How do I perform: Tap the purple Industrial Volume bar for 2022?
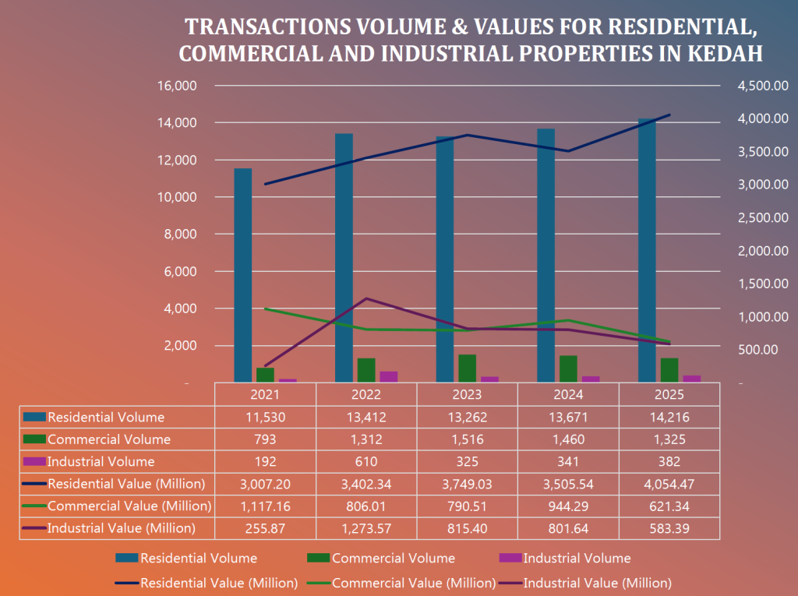tap(388, 376)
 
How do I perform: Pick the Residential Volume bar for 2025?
tap(647, 250)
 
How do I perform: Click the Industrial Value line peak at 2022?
tap(366, 298)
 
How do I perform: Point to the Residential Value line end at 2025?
tap(669, 115)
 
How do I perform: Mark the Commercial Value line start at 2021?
tap(266, 309)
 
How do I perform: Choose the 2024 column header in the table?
tap(568, 395)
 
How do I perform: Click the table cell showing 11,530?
tap(266, 417)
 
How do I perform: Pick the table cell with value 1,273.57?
tap(366, 528)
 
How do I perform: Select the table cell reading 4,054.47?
tap(669, 484)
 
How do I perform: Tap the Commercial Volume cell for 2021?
tap(266, 439)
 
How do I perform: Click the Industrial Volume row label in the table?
tap(101, 461)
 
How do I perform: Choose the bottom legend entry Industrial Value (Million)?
tap(597, 582)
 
